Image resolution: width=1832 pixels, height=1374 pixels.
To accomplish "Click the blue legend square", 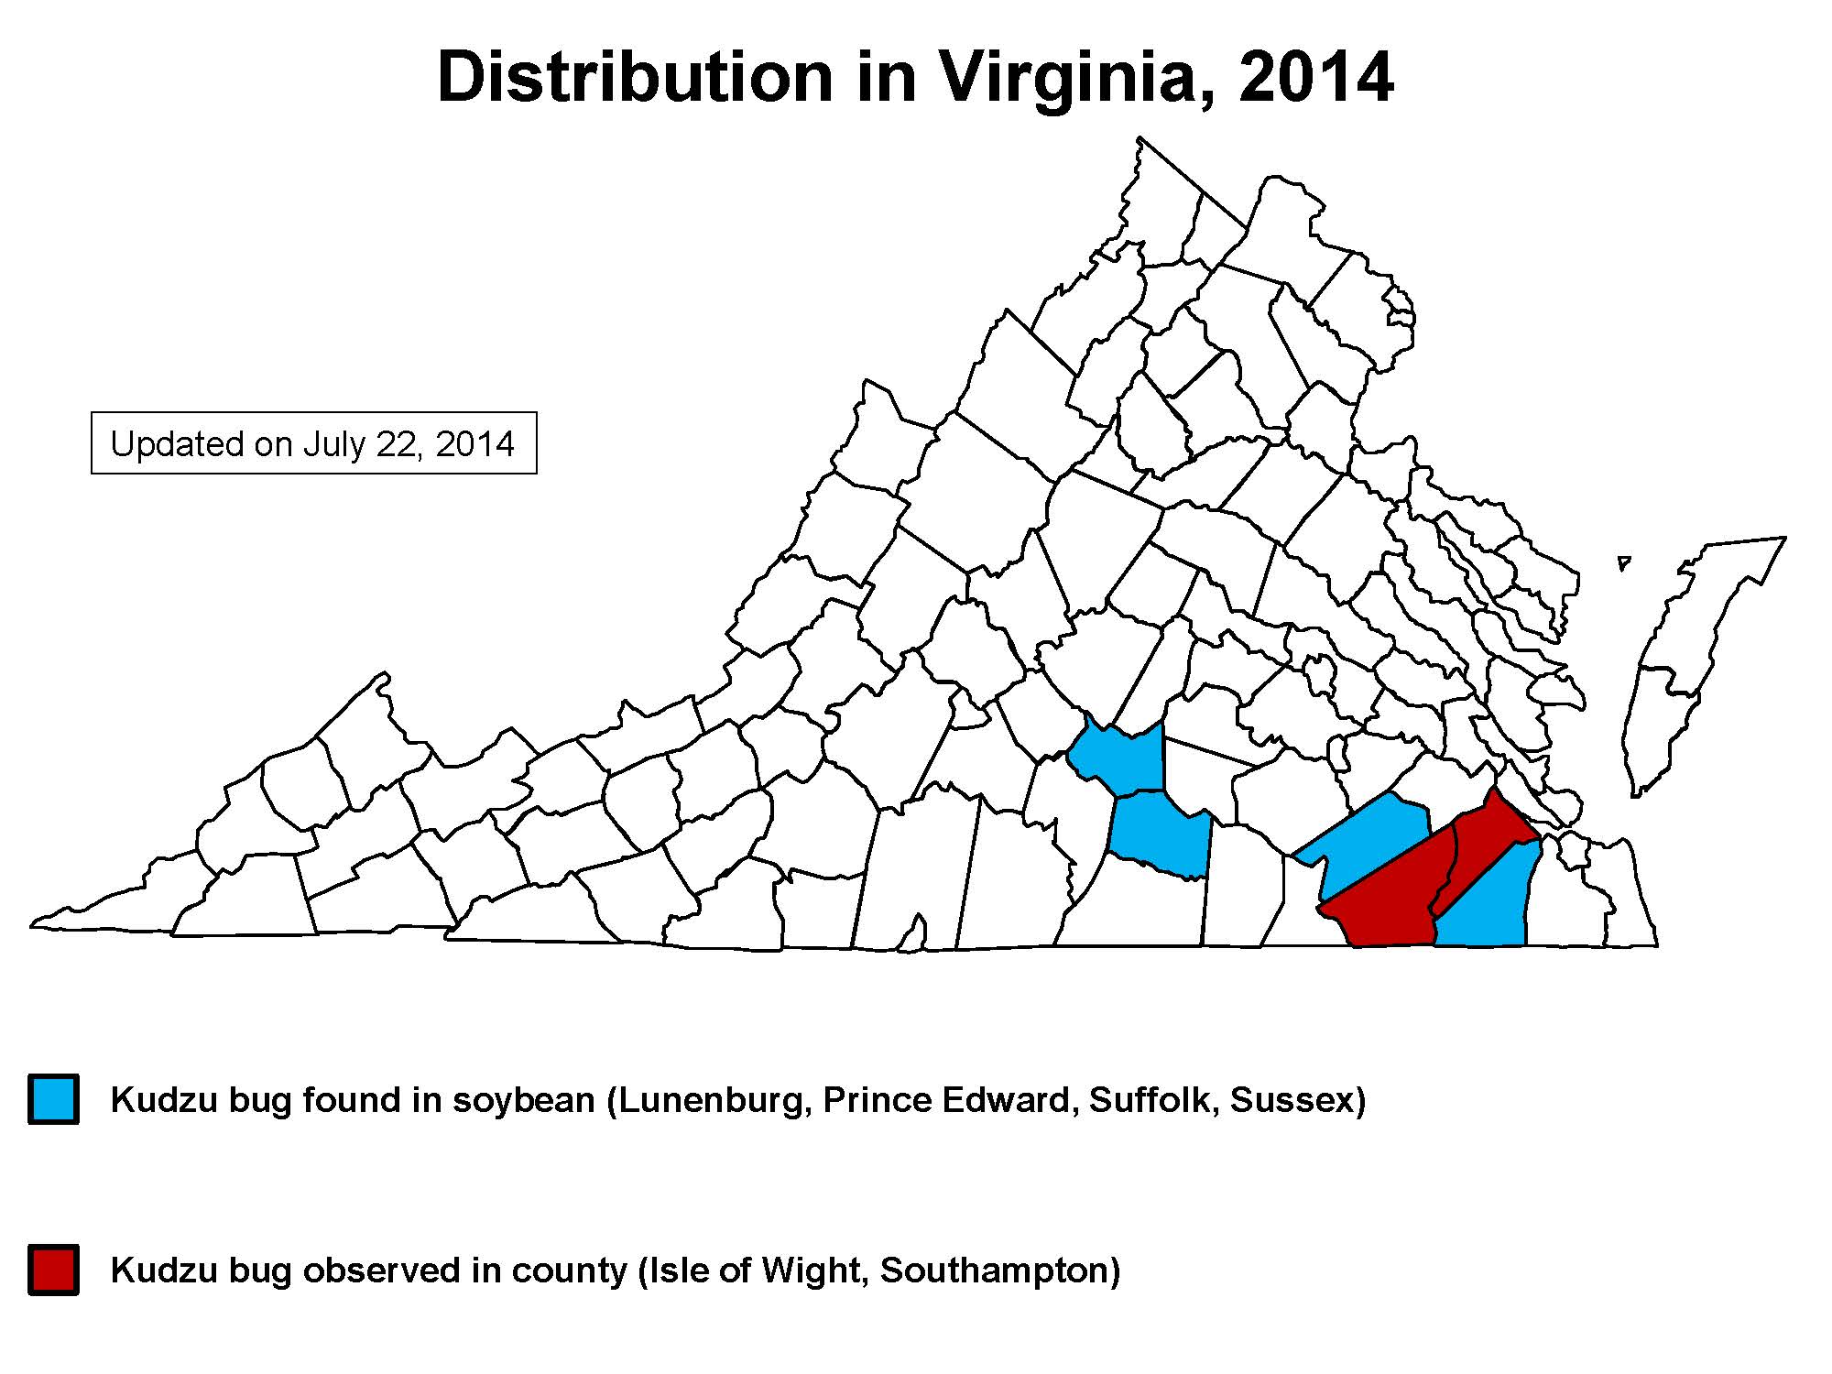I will pyautogui.click(x=53, y=1099).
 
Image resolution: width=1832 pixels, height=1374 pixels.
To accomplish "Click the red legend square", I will pyautogui.click(x=53, y=1270).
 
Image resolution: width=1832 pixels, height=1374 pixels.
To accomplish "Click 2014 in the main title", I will pyautogui.click(x=1315, y=78).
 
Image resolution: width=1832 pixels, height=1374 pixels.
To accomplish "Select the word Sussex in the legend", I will pyautogui.click(x=1292, y=1099).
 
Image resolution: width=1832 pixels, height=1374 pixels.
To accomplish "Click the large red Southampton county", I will pyautogui.click(x=1383, y=898).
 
